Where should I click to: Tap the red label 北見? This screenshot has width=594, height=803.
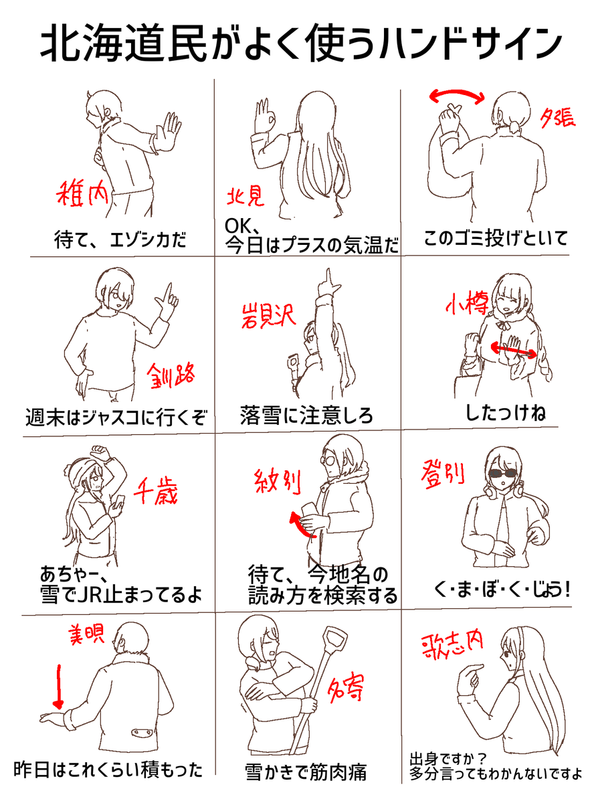pyautogui.click(x=246, y=197)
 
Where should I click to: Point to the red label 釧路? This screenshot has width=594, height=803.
pyautogui.click(x=171, y=375)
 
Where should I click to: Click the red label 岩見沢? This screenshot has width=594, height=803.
pyautogui.click(x=269, y=315)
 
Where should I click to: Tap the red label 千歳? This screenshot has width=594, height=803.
pyautogui.click(x=156, y=490)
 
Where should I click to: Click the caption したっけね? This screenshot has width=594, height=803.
pyautogui.click(x=505, y=413)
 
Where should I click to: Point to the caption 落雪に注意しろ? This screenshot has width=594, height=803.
pyautogui.click(x=306, y=415)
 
